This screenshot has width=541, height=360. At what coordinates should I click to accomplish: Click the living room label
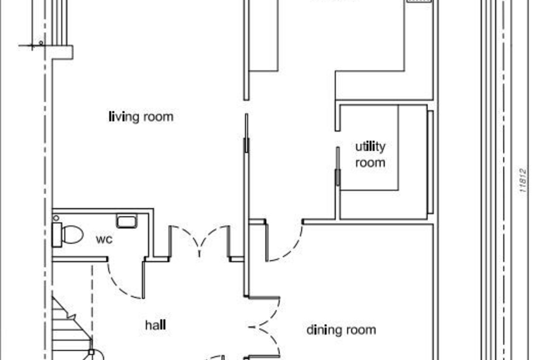tap(141, 117)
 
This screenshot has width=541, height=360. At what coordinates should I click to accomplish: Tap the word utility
tap(370, 147)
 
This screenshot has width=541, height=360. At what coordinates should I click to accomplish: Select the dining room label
tap(341, 330)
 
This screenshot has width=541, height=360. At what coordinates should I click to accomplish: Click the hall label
tap(156, 325)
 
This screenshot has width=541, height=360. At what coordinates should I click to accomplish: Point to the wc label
tap(104, 239)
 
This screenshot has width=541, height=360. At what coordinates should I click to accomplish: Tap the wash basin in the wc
tap(127, 221)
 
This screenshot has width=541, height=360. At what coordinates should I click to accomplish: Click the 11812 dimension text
tap(523, 180)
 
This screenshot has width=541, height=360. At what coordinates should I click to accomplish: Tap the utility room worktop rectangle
tap(369, 147)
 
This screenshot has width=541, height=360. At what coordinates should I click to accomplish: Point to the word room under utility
tap(370, 163)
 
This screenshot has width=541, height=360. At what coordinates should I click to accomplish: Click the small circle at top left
tap(41, 43)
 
